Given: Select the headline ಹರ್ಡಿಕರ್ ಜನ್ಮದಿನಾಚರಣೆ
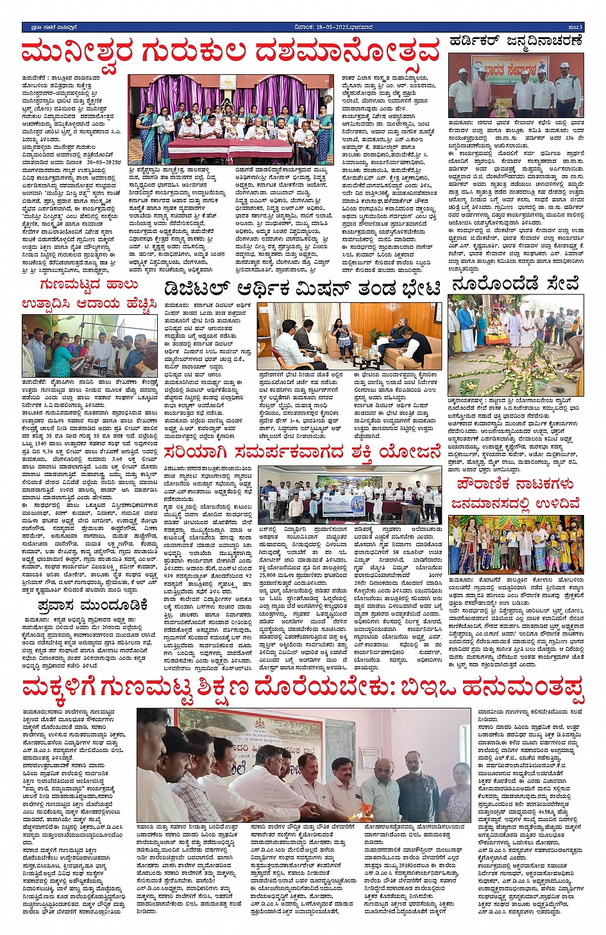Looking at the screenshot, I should point(516,41).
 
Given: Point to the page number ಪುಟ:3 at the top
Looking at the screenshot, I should point(575,27).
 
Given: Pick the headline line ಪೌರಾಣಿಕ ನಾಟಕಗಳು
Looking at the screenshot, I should point(515,484).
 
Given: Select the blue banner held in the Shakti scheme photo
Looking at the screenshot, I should point(346,505).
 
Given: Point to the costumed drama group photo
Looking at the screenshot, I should point(516,543).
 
